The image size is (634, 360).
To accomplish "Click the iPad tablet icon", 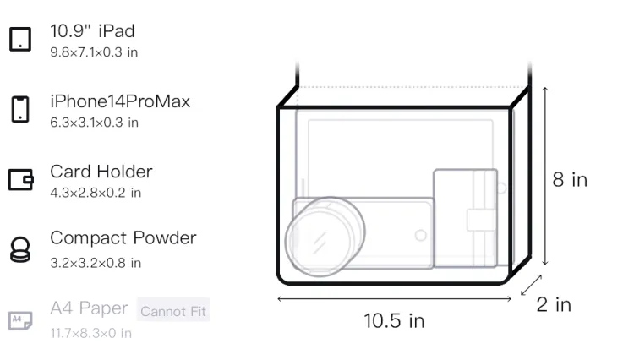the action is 20,39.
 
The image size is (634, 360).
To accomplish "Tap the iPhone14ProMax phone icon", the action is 20,109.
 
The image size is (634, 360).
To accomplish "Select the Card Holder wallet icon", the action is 20,179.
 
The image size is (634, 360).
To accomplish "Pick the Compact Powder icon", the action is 19,249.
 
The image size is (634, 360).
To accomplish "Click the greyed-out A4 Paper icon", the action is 20,320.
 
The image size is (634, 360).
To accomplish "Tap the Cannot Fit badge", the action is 173,311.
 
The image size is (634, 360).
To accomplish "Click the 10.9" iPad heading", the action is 92,31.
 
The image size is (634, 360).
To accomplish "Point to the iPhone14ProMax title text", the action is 120,101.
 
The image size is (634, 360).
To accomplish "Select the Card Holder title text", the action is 101,172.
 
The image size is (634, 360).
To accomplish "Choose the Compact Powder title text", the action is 123,238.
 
